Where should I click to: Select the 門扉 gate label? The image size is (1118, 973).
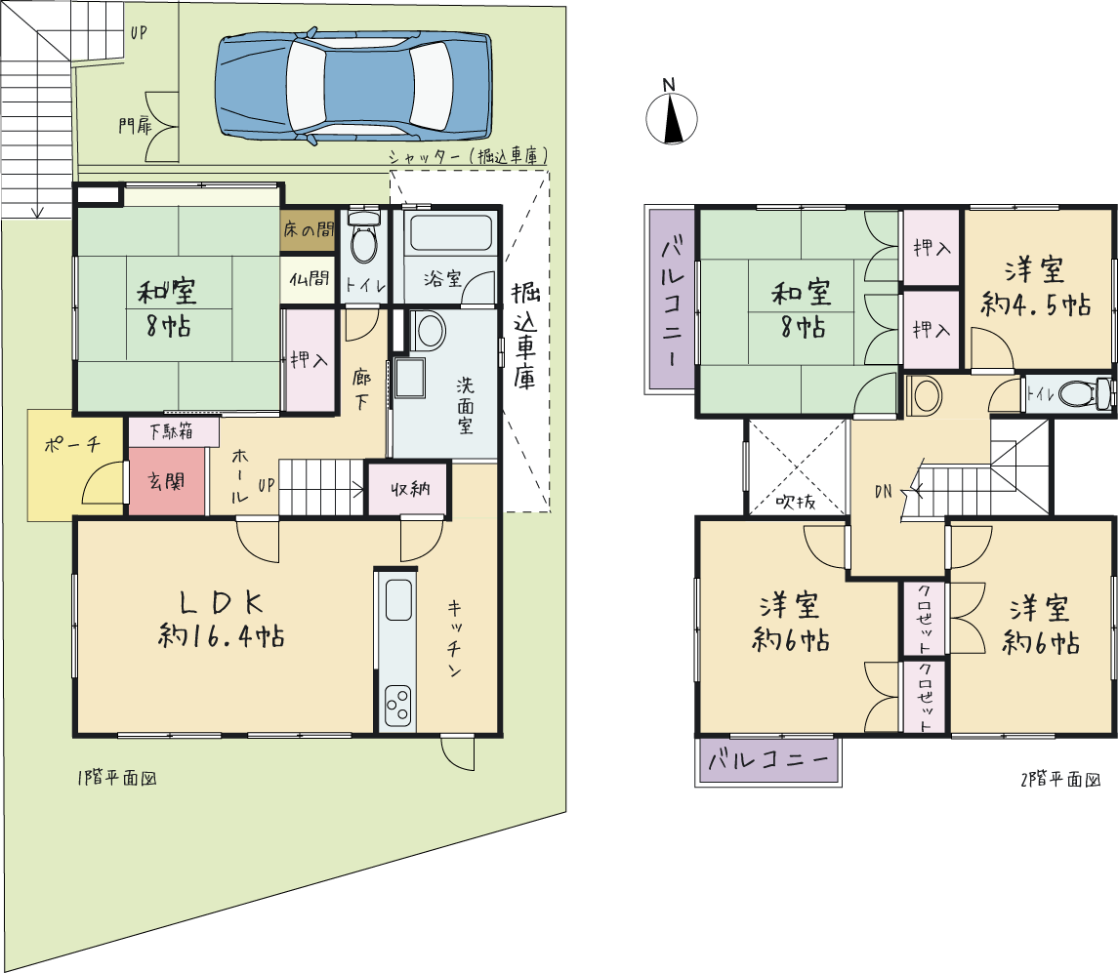tap(136, 127)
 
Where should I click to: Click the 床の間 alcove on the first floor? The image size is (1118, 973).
tap(308, 229)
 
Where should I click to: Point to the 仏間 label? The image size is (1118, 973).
tap(309, 279)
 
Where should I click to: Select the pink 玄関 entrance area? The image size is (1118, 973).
tap(167, 480)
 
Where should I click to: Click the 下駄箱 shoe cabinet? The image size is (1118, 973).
tap(173, 432)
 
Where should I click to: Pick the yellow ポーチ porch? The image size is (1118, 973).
tap(75, 465)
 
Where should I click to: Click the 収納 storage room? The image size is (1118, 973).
tap(409, 489)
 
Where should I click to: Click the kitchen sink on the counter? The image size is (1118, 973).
tap(398, 599)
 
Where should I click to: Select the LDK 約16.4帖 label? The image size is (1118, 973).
tap(221, 619)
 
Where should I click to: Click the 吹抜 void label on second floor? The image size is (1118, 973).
tap(796, 502)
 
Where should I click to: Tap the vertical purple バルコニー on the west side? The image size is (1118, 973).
tap(671, 300)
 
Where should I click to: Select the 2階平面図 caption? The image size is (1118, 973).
tap(1060, 779)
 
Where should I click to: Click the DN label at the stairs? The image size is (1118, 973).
tap(883, 491)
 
